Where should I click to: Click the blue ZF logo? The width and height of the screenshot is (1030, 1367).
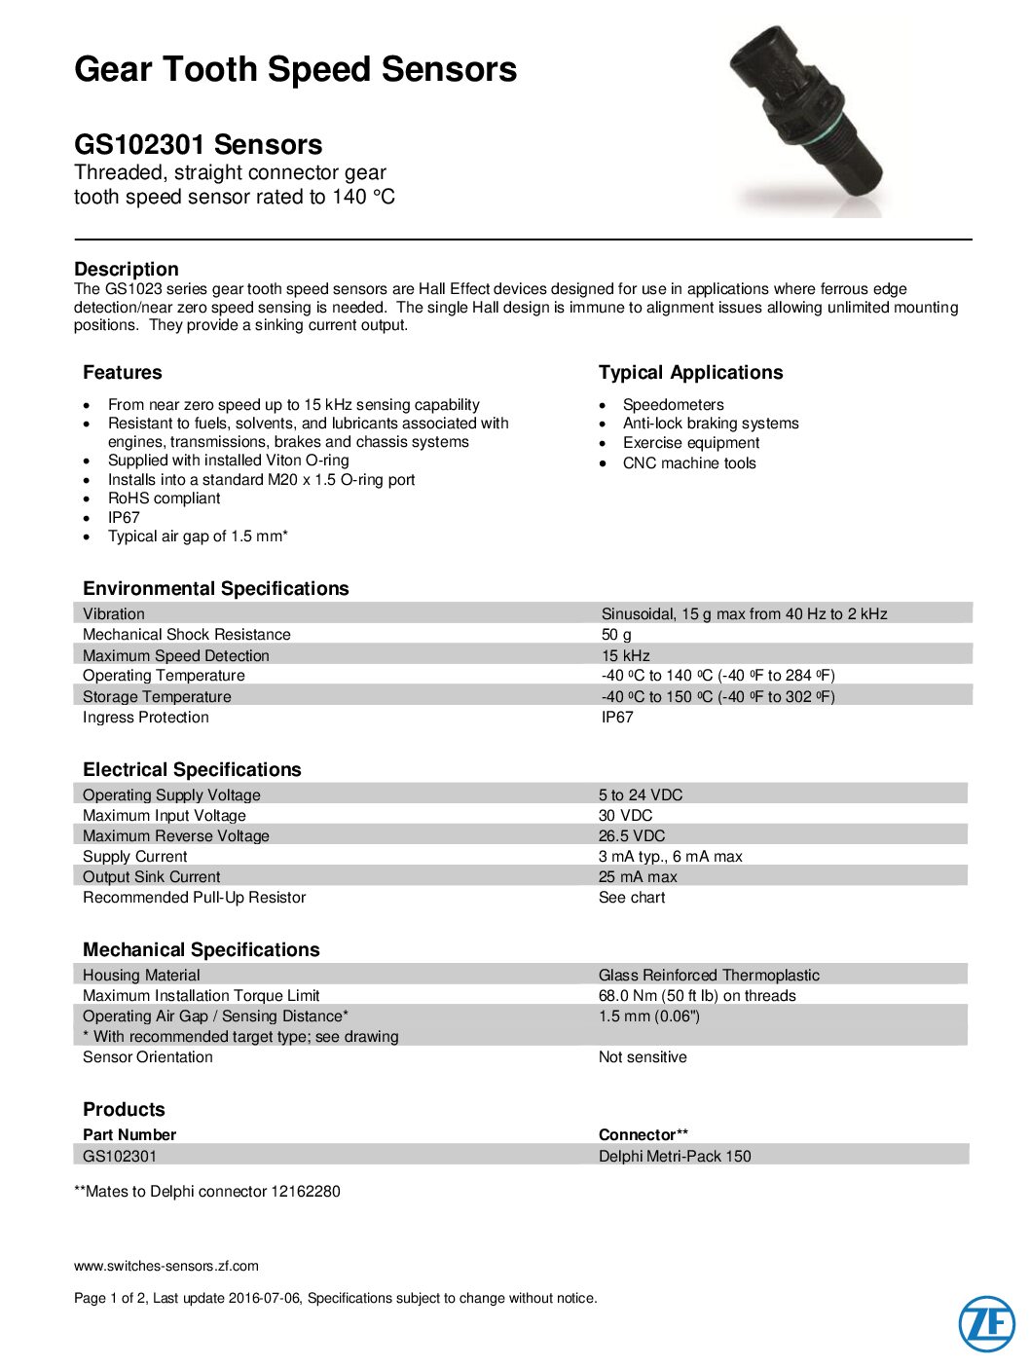986,1324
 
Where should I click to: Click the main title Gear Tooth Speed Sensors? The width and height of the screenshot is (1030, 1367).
295,69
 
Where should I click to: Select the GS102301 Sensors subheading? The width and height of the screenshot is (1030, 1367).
198,144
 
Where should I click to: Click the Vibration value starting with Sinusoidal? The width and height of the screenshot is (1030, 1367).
744,614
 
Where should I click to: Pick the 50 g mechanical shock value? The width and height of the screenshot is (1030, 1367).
616,635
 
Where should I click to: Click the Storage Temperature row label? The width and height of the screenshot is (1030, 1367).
157,697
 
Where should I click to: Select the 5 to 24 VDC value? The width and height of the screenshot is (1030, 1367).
641,795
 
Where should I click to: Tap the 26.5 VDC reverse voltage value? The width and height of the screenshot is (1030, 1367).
632,836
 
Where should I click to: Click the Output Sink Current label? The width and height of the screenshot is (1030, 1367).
151,877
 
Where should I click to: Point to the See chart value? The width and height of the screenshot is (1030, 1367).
632,898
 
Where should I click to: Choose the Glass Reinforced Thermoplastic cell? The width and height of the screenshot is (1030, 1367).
709,976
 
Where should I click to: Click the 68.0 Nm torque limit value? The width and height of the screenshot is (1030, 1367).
697,996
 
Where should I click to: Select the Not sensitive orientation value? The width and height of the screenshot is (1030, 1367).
643,1057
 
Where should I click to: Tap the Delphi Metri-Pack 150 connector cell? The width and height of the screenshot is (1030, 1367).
675,1157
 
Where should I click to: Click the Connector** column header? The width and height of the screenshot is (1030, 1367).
643,1135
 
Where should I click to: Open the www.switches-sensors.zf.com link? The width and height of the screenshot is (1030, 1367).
166,1267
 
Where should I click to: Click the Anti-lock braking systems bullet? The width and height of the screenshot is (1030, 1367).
711,424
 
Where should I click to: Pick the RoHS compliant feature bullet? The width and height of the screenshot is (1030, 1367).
164,499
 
